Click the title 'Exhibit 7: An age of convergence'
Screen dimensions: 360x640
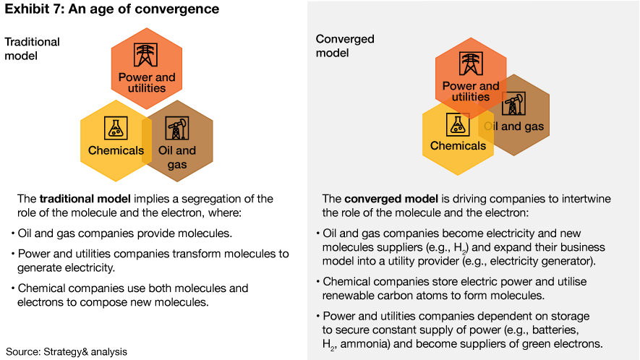(x=112, y=10)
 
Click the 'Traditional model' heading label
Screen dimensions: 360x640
(x=32, y=48)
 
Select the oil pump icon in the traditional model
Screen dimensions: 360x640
(x=176, y=129)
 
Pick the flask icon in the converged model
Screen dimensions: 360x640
(x=457, y=124)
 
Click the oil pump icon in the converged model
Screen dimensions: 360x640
(x=513, y=106)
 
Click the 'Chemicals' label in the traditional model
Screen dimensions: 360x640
(x=116, y=151)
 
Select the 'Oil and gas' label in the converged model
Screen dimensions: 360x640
(x=513, y=127)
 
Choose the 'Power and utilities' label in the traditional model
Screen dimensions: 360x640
(x=147, y=82)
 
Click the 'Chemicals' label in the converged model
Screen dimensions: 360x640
(x=458, y=146)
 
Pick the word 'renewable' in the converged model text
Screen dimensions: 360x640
(x=349, y=296)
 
